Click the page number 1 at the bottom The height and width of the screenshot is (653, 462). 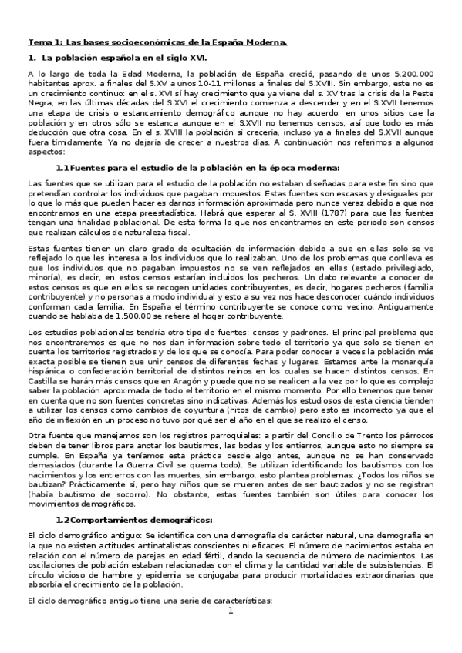(x=230, y=633)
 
